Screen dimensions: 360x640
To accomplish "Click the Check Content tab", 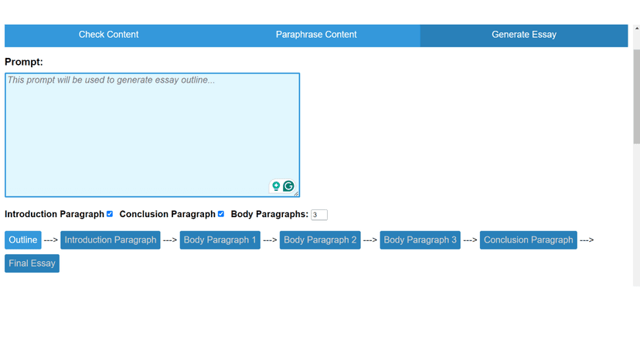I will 108,35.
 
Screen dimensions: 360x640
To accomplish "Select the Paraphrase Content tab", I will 316,35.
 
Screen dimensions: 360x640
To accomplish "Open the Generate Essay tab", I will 523,35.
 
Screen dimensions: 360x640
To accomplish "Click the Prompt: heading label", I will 24,62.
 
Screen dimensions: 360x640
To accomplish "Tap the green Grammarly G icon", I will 288,186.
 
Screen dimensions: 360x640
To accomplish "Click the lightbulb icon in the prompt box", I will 276,186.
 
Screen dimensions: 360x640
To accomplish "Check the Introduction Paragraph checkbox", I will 110,214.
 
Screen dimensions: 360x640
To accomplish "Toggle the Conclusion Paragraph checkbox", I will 221,214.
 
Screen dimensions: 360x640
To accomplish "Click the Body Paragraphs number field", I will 318,215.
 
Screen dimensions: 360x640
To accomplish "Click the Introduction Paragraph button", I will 111,240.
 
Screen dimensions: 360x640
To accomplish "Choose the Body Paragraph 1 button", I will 220,240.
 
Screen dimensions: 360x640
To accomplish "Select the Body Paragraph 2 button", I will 320,240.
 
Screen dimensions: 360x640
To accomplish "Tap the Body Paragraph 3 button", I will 420,240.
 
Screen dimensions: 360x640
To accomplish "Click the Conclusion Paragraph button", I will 528,240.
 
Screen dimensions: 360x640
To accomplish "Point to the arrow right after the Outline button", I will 51,240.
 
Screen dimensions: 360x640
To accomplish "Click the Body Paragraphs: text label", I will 269,214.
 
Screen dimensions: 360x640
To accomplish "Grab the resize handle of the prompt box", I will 296,193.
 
